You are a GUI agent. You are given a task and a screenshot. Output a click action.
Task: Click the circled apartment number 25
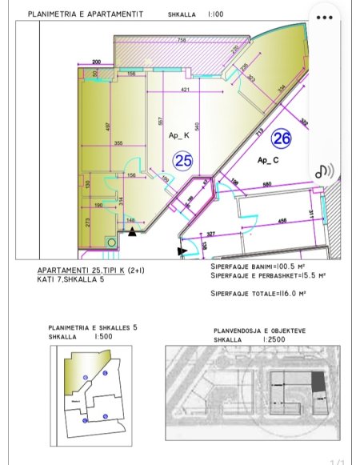[183, 161]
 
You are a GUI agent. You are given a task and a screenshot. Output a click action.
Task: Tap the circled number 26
[281, 138]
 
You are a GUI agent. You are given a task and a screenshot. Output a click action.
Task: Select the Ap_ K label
[179, 135]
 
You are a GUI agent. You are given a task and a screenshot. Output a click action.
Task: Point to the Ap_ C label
[267, 161]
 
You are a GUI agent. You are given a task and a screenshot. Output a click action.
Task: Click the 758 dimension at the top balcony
[182, 40]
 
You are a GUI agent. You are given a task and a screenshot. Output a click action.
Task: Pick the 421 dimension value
[186, 90]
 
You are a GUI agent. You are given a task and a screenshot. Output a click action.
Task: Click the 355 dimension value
[118, 143]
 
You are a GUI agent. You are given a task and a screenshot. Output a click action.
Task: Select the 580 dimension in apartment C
[266, 186]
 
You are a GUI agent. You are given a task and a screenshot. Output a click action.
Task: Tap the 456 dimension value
[283, 220]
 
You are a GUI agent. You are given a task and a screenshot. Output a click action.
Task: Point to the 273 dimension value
[87, 222]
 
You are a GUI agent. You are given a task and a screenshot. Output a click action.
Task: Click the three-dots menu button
[323, 17]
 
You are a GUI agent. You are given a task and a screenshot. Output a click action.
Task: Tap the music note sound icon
[323, 170]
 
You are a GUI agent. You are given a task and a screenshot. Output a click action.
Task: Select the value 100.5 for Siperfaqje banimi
[286, 267]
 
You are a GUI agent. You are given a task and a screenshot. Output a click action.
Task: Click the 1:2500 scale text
[271, 339]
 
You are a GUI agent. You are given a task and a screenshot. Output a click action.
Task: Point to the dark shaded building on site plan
[318, 382]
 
